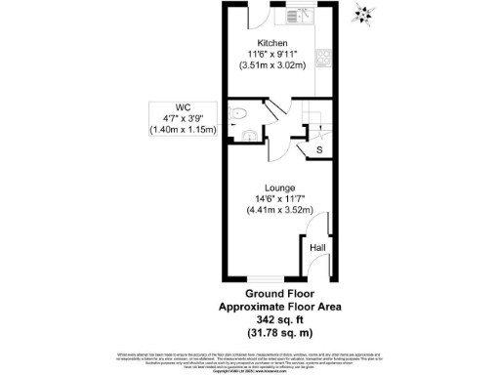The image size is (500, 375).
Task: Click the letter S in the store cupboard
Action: pyautogui.click(x=319, y=148)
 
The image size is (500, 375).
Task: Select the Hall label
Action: pyautogui.click(x=317, y=248)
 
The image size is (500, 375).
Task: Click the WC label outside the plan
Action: pyautogui.click(x=181, y=107)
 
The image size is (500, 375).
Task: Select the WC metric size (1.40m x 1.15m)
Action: pyautogui.click(x=181, y=130)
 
